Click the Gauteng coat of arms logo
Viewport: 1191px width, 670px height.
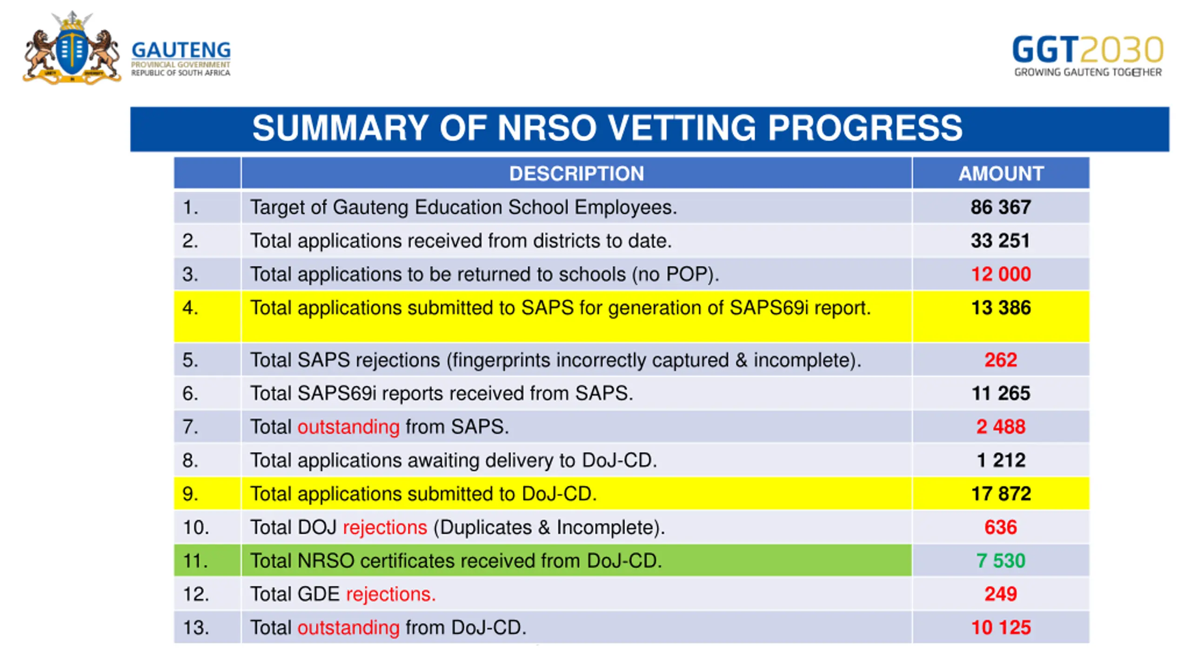pos(72,49)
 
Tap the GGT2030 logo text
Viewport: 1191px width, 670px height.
pos(1087,50)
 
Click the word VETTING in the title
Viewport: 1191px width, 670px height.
pos(682,128)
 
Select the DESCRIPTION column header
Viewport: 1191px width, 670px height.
pos(576,174)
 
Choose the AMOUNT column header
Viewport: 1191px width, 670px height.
pos(1001,174)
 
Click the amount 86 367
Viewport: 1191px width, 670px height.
pos(1001,207)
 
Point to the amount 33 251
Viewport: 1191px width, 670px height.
pos(1000,241)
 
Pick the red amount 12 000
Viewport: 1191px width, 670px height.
pos(1001,274)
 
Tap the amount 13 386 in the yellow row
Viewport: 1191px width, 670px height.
pos(1001,308)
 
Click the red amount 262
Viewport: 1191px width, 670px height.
pos(1001,360)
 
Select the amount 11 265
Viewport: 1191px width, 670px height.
pos(1001,393)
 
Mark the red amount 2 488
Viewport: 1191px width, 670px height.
pos(1001,427)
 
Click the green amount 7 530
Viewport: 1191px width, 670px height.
pos(1001,561)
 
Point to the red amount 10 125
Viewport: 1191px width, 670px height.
pos(1001,628)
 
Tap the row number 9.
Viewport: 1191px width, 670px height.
pos(190,494)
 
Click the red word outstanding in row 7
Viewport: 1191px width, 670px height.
pos(348,427)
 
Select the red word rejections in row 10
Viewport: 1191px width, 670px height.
pos(385,528)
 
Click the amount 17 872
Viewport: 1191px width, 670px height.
pos(1001,494)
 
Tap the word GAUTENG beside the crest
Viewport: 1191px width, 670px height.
pos(181,50)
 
